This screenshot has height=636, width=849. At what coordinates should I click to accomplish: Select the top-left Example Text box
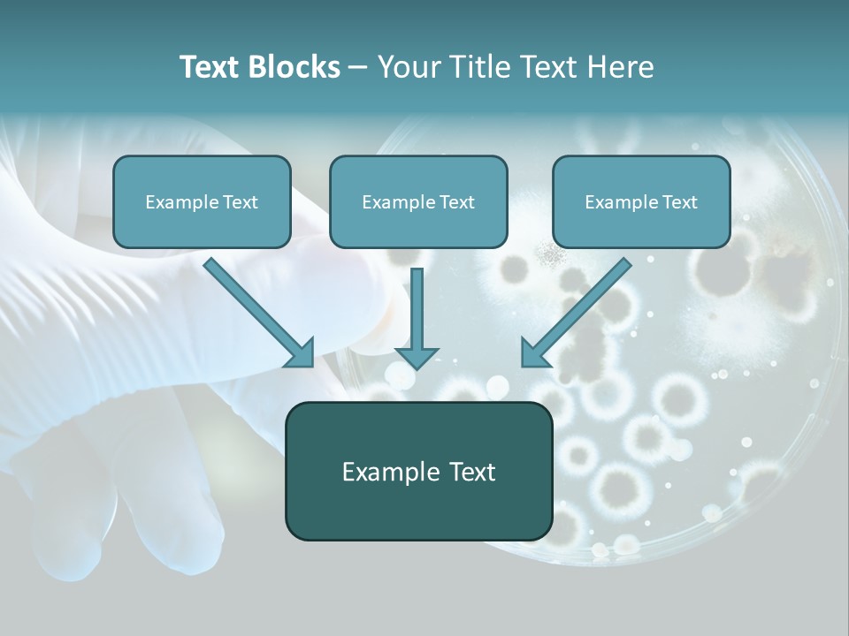(202, 202)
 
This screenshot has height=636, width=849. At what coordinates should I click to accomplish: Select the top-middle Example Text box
(418, 202)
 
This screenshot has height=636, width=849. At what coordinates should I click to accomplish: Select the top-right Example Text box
(641, 202)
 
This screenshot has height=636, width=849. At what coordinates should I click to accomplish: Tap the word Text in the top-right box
(678, 202)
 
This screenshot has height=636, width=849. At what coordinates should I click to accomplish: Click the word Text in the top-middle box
(455, 202)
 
